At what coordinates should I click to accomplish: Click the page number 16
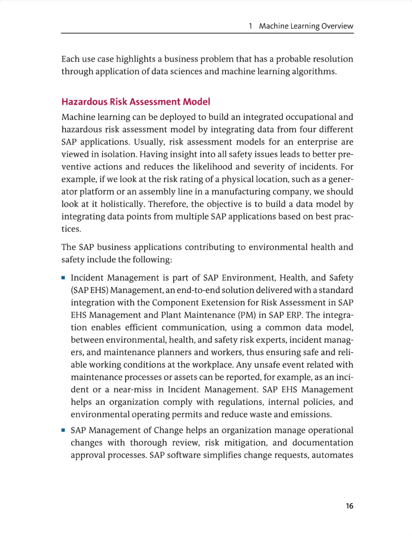[349, 506]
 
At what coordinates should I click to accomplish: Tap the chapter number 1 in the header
[250, 26]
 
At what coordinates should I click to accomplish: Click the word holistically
[123, 204]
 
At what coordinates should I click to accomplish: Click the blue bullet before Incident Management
[63, 278]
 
